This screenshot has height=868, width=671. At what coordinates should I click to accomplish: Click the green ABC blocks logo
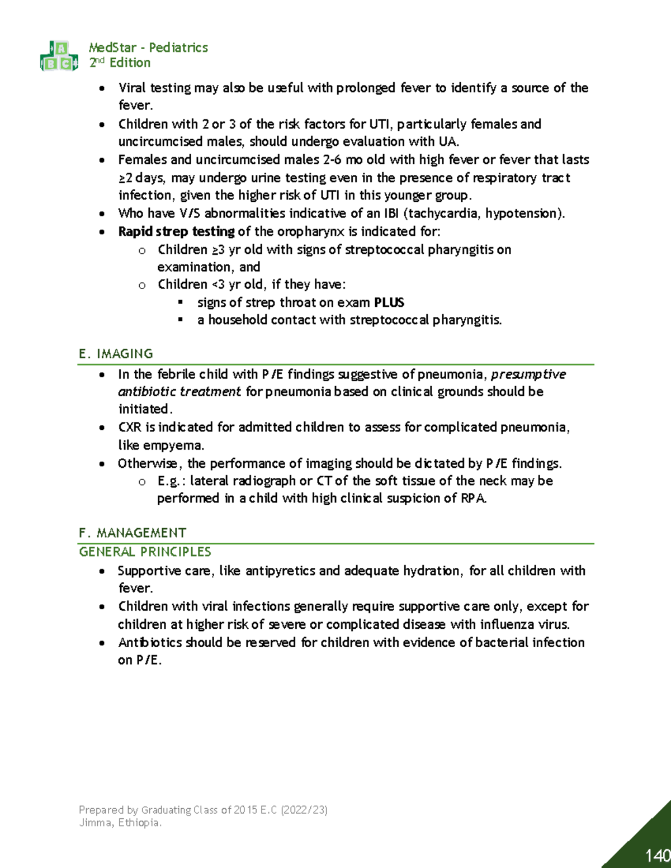(59, 56)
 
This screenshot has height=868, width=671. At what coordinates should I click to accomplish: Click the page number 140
(657, 855)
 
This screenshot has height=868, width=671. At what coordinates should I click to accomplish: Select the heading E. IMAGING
(116, 354)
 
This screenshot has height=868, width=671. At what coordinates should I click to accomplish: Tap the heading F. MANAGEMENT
(133, 533)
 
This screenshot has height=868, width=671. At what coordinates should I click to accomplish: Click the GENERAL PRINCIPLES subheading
(145, 552)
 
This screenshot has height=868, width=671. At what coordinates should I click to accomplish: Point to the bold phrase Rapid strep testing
(176, 231)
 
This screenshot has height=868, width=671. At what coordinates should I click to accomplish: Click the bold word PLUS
(389, 302)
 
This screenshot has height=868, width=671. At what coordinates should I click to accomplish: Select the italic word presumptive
(528, 374)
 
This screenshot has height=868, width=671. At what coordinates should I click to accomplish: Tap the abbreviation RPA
(474, 498)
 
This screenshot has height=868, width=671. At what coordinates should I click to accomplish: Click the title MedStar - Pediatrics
(148, 48)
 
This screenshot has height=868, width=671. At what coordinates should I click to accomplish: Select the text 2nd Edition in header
(120, 63)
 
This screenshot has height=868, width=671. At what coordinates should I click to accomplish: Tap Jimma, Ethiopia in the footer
(120, 823)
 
